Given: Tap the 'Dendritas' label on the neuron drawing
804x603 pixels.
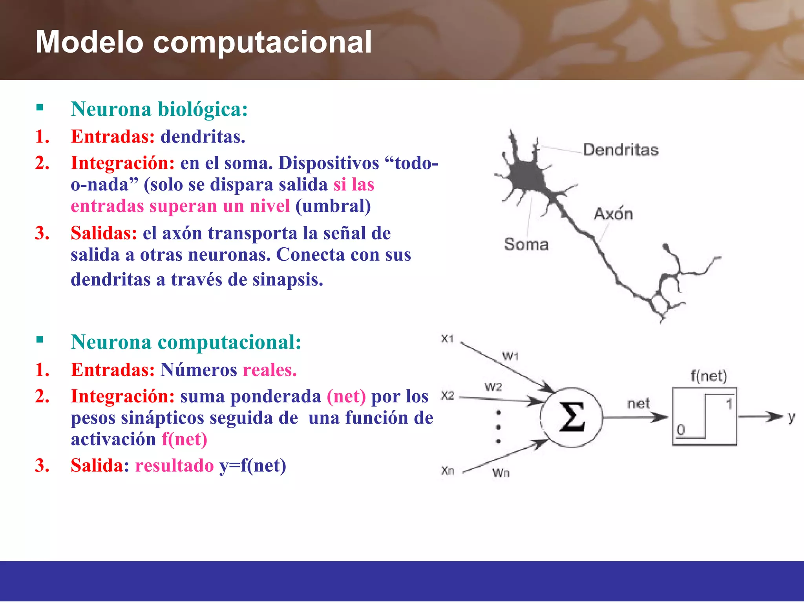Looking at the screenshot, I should click(620, 150).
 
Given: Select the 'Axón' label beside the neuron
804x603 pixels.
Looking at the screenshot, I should click(613, 214).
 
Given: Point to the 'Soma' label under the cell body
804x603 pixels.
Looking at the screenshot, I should click(526, 244).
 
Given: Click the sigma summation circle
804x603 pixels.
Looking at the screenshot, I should click(571, 417).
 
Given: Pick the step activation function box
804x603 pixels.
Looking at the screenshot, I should click(705, 417).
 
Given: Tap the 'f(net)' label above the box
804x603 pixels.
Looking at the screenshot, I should click(709, 376).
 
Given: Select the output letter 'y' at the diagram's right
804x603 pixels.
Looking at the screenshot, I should click(791, 418).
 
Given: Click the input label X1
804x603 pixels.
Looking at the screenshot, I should click(447, 338).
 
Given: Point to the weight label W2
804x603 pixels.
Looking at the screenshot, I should click(493, 387).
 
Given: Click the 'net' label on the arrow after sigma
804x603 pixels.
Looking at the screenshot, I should click(638, 404).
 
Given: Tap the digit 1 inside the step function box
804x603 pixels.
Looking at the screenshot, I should click(729, 404).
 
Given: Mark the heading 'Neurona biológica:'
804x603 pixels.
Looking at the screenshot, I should click(159, 109).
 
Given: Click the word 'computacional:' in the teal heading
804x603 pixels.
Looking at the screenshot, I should click(229, 342).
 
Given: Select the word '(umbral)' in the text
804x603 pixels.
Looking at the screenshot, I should click(333, 206).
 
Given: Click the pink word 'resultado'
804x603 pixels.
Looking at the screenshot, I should click(174, 466).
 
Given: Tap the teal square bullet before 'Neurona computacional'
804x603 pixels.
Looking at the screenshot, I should click(40, 340).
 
